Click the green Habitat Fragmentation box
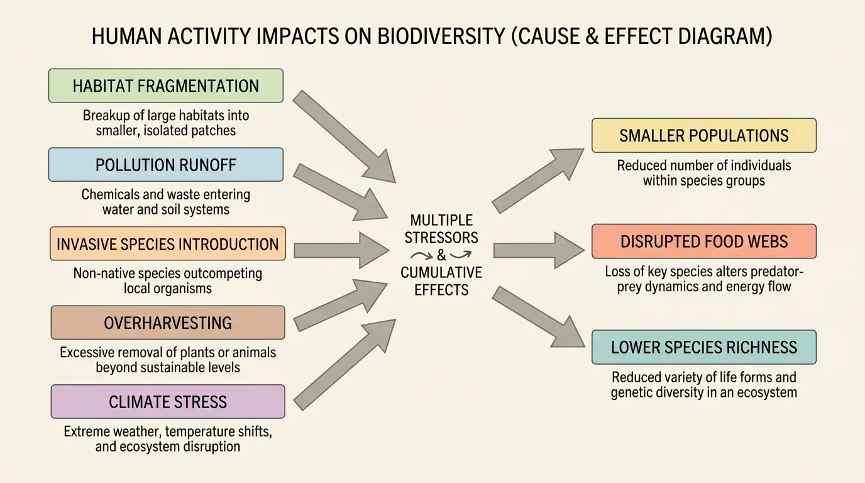click(x=166, y=86)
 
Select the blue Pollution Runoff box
click(x=166, y=165)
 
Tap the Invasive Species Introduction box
click(x=167, y=244)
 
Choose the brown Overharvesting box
click(x=167, y=323)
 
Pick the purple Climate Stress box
click(x=167, y=402)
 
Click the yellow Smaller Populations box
click(x=703, y=135)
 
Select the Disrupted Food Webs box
click(x=703, y=241)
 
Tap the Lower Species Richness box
click(x=703, y=347)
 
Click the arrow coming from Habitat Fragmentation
click(x=343, y=135)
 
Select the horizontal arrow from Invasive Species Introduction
click(x=339, y=250)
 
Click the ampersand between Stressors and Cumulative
click(x=441, y=255)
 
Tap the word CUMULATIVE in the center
click(x=441, y=273)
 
